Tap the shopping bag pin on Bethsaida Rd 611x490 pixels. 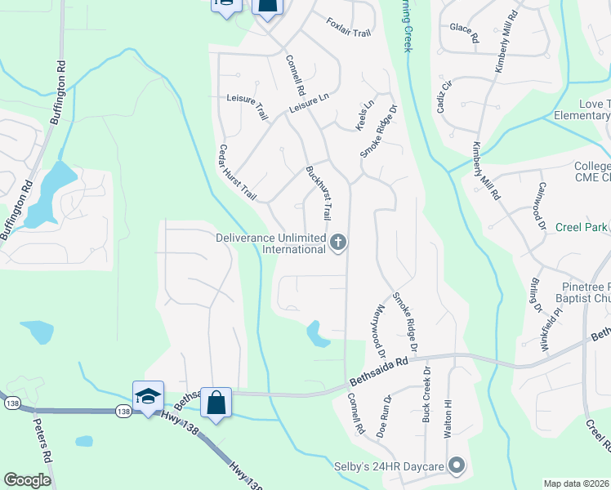216,403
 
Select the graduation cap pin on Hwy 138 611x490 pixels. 148,396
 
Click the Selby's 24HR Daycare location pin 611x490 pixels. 457,466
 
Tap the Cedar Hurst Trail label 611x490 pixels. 237,173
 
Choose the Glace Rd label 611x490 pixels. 464,33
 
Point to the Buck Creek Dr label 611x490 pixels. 426,402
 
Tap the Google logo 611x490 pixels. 28,480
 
